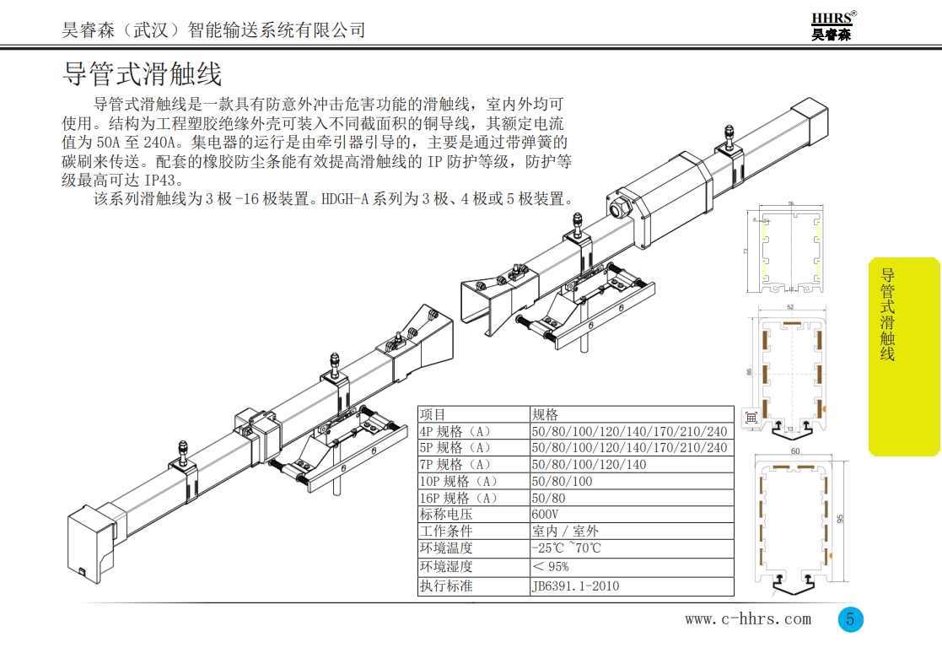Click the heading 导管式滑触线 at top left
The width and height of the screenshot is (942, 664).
point(143,74)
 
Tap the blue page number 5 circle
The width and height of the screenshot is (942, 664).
point(850,619)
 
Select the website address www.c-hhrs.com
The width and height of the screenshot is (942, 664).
point(748,619)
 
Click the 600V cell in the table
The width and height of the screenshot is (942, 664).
point(545,515)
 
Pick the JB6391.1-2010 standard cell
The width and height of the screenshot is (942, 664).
point(575,586)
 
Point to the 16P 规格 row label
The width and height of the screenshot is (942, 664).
point(459,498)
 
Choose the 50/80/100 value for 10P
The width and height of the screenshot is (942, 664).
point(562,481)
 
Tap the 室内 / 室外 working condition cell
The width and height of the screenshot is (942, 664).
point(565,532)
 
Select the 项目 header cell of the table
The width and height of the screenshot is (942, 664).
point(433,414)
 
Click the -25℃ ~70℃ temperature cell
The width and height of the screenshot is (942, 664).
point(567,549)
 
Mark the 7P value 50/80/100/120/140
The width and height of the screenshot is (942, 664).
point(589,464)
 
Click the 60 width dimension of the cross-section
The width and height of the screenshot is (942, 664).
point(795,452)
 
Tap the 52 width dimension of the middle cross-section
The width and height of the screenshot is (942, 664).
point(789,307)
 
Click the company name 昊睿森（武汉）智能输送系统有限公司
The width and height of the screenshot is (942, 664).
point(214,30)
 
